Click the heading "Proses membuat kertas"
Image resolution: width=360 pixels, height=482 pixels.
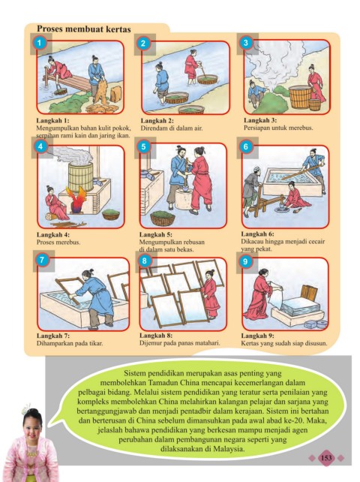pyautogui.click(x=84, y=29)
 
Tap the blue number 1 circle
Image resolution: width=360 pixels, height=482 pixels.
pyautogui.click(x=39, y=43)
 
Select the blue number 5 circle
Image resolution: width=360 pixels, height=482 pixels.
pyautogui.click(x=143, y=146)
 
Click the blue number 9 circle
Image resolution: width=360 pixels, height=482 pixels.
pyautogui.click(x=245, y=261)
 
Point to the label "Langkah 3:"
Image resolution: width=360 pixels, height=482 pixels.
pyautogui.click(x=260, y=120)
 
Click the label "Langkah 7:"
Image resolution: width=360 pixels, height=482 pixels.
pyautogui.click(x=53, y=336)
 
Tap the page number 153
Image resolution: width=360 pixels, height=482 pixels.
pyautogui.click(x=326, y=458)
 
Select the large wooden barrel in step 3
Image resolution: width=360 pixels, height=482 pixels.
pyautogui.click(x=300, y=97)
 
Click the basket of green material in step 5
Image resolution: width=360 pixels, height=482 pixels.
pyautogui.click(x=163, y=218)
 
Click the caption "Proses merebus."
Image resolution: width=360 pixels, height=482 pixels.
pyautogui.click(x=58, y=243)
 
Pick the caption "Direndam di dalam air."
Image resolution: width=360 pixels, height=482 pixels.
pyautogui.click(x=172, y=128)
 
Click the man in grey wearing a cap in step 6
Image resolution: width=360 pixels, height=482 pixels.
pyautogui.click(x=252, y=191)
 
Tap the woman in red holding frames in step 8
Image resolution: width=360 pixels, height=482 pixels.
pyautogui.click(x=211, y=294)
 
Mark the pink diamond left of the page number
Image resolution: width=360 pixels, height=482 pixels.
pyautogui.click(x=312, y=458)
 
